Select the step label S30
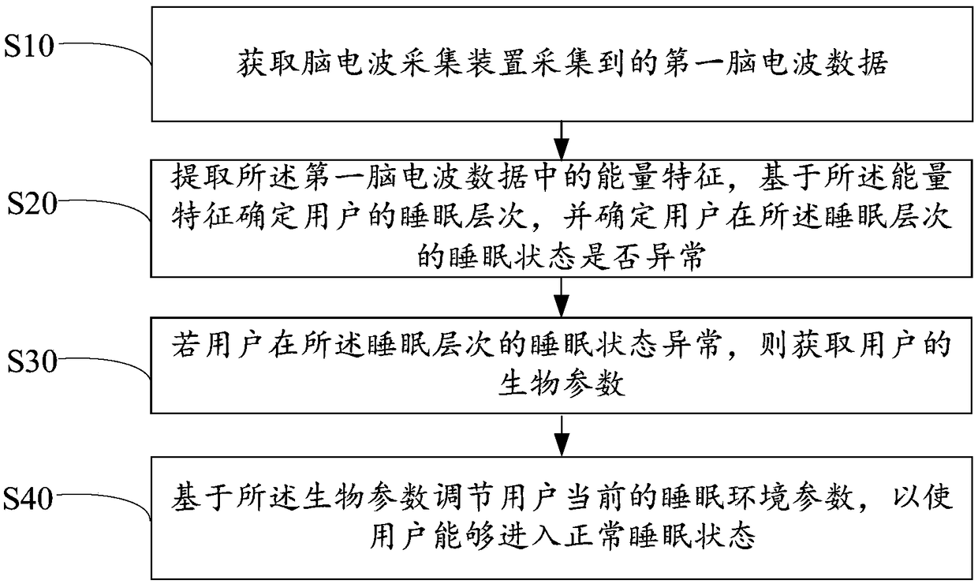coord(30,361)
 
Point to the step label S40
coord(30,498)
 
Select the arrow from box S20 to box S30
coord(561,297)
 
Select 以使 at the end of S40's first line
coord(928,500)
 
